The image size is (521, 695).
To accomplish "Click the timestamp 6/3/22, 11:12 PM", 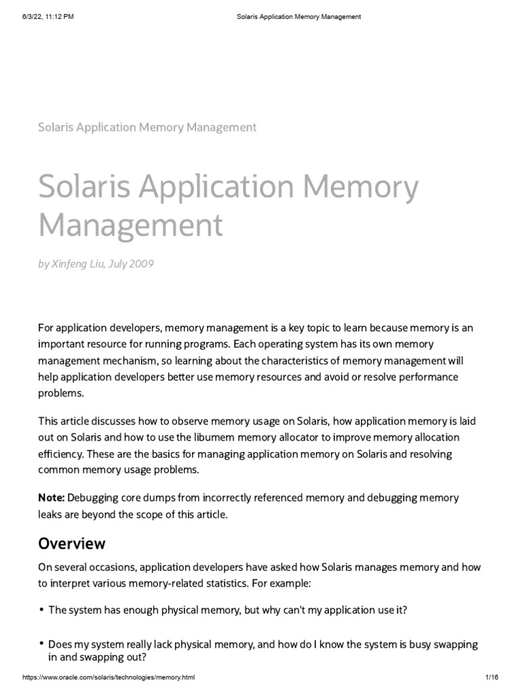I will [48, 16].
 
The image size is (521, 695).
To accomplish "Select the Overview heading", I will [72, 543].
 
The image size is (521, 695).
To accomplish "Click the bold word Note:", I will [52, 497].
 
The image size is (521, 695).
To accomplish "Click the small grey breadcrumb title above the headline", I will [147, 127].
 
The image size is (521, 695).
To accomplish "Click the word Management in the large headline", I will [131, 225].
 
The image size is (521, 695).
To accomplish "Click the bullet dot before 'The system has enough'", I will [41, 610].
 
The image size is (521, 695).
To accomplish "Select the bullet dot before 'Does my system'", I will [41, 643].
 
